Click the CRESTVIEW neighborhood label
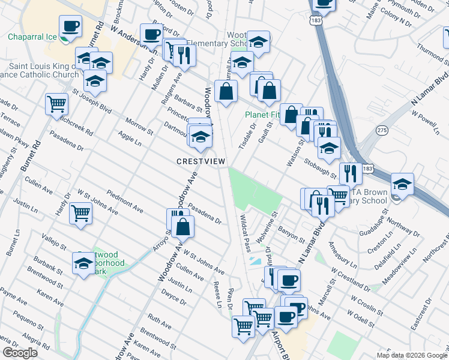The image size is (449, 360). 200,162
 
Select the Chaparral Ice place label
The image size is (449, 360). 32,37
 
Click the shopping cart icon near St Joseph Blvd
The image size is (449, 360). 56,103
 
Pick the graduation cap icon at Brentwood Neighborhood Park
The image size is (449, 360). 83,262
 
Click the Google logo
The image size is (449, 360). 20,353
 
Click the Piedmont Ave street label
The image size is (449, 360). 125,201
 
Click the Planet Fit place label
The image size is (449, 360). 262,115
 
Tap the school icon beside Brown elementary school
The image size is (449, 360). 402,184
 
